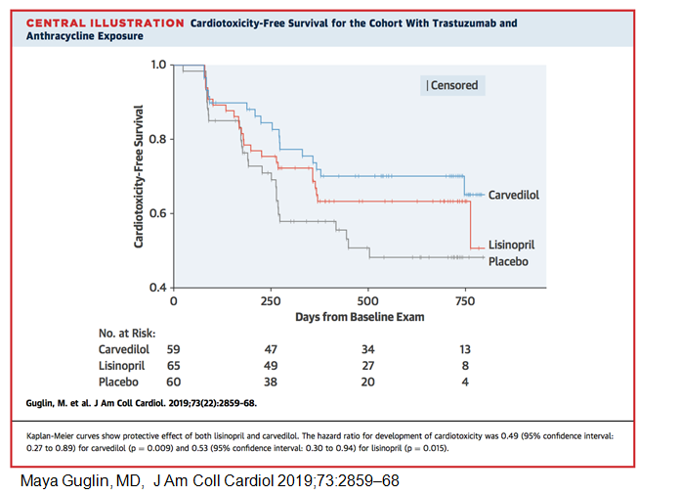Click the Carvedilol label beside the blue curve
[x=514, y=195]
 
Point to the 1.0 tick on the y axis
[x=157, y=65]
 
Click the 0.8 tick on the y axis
[x=157, y=139]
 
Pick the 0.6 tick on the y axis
[x=157, y=213]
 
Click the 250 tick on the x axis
[x=271, y=300]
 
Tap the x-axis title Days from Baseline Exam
[x=367, y=318]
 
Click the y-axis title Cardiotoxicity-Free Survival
[x=140, y=175]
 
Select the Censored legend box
[x=451, y=85]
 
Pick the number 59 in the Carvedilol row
[x=174, y=347]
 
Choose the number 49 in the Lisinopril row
[x=271, y=364]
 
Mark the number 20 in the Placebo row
[x=368, y=382]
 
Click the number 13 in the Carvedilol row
[x=465, y=347]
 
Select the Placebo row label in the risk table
[x=118, y=382]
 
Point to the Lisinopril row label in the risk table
[x=122, y=364]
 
